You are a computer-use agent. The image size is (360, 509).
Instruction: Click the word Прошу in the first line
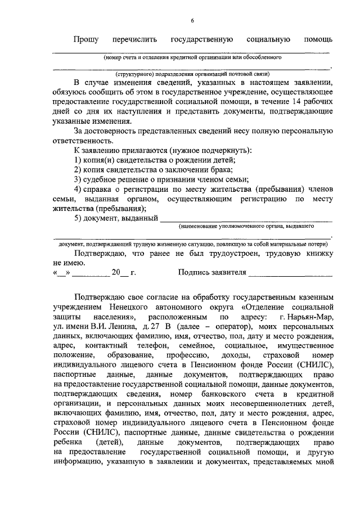tap(85, 39)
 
